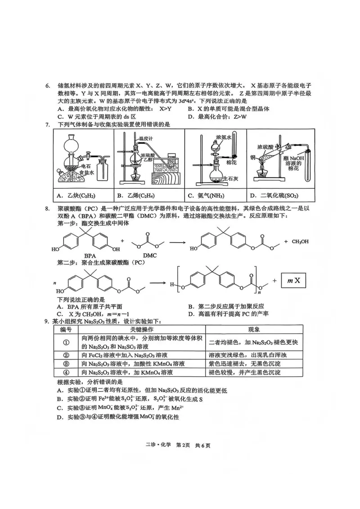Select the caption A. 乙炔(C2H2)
tap(76, 196)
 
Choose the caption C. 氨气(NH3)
tap(208, 196)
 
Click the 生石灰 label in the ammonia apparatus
tap(231, 177)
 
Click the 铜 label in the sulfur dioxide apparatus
tap(253, 157)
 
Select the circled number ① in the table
tap(66, 343)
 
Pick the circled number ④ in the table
tap(66, 372)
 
